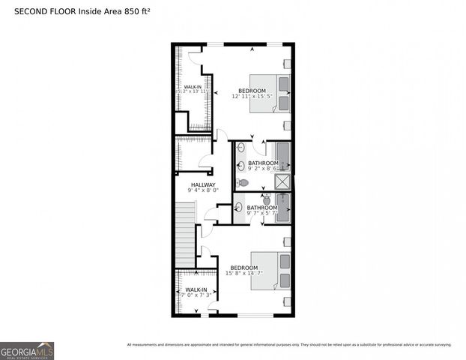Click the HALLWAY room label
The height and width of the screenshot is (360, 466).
click(202, 184)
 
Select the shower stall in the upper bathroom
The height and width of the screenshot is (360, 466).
click(282, 181)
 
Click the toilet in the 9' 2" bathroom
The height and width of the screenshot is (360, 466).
click(243, 182)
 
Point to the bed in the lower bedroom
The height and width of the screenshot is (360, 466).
click(269, 270)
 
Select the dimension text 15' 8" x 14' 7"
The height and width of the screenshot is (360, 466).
click(244, 274)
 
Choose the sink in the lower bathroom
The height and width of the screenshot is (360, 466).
click(238, 208)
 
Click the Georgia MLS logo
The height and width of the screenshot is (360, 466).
click(27, 350)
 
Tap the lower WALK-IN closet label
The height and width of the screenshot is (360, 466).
click(196, 289)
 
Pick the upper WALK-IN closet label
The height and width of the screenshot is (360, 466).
click(192, 87)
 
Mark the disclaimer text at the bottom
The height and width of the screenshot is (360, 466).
click(289, 345)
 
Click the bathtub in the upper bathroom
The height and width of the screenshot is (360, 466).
click(283, 155)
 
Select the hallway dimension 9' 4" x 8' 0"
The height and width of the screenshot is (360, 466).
click(202, 190)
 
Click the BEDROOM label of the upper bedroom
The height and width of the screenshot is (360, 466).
click(252, 91)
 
